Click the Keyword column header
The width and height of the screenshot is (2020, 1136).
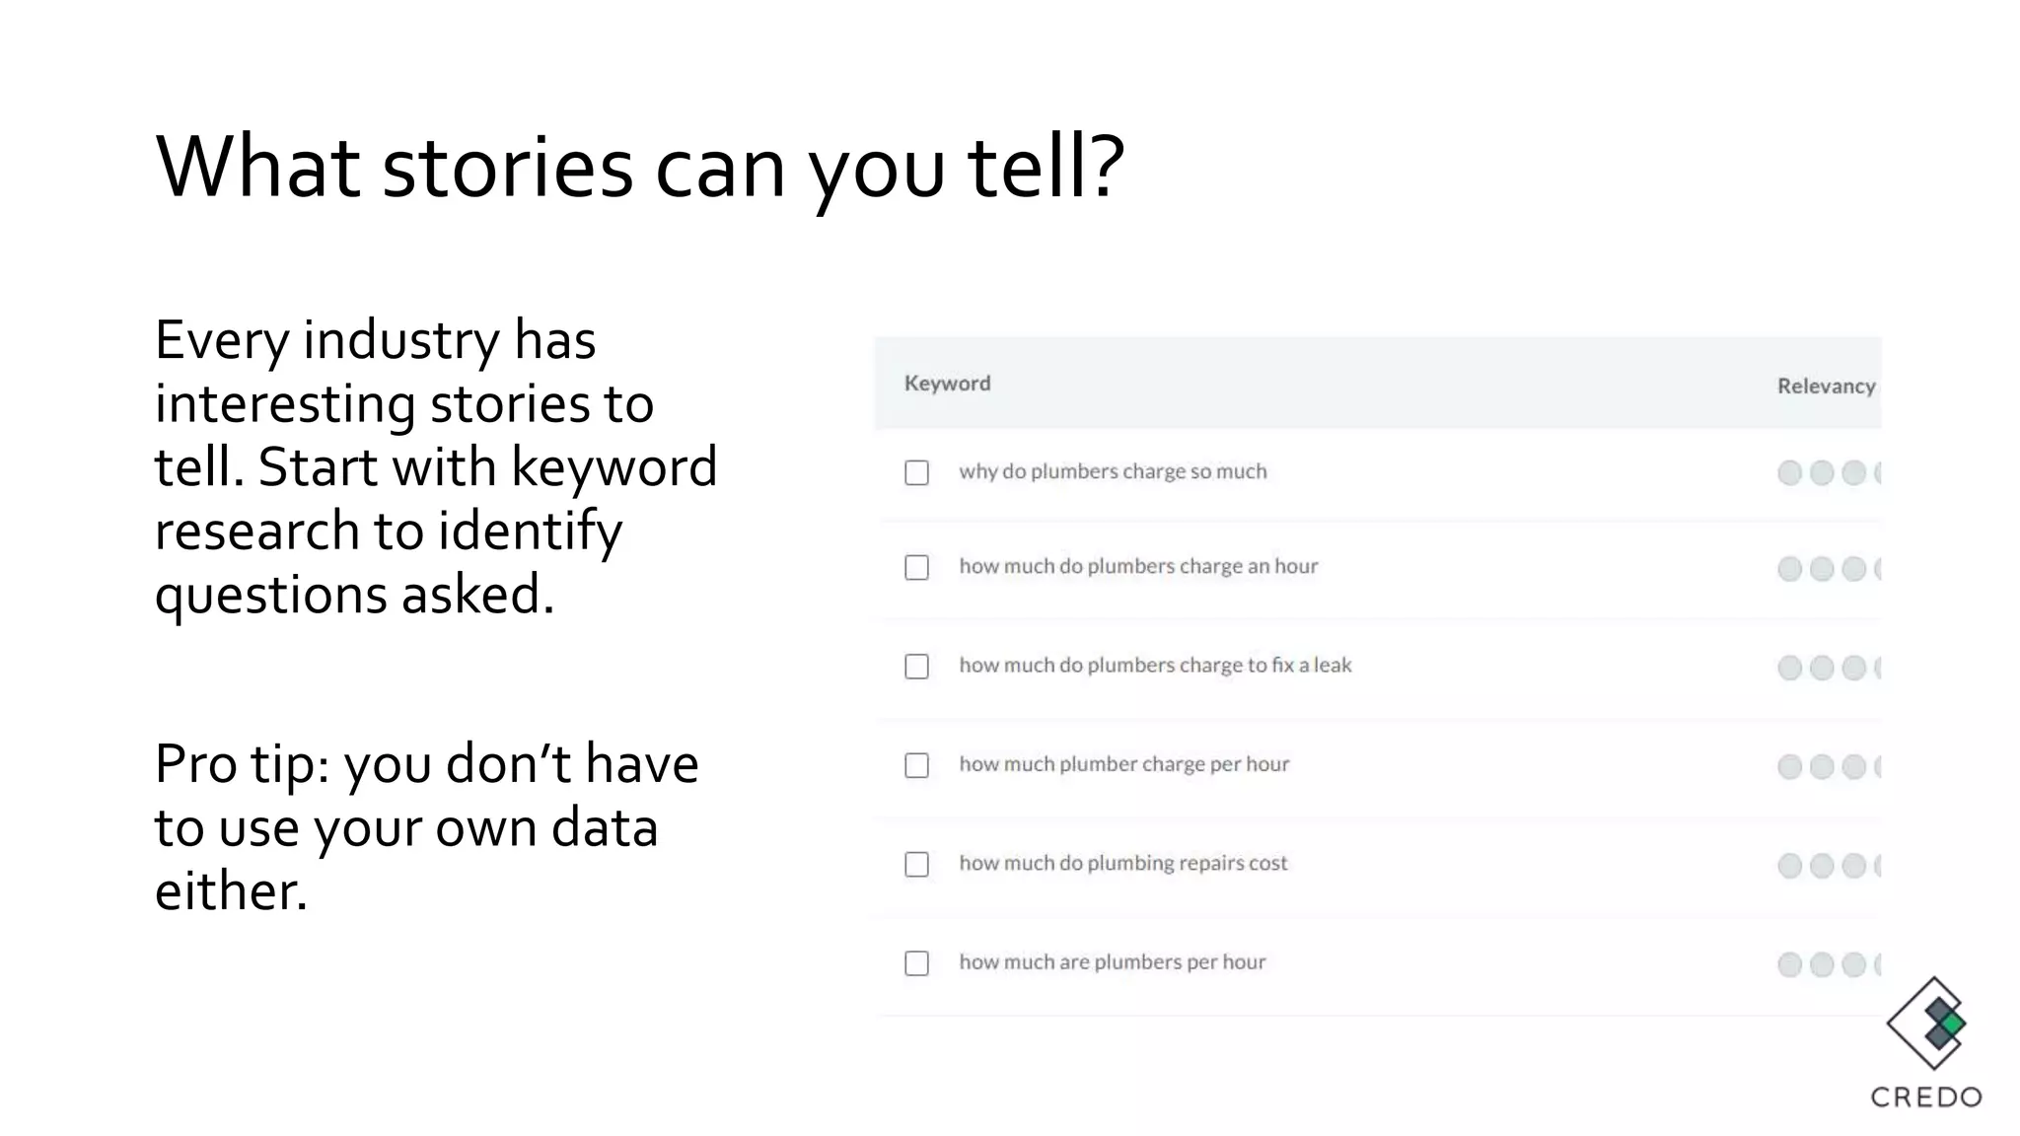coord(947,384)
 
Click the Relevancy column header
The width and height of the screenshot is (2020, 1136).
coord(1826,387)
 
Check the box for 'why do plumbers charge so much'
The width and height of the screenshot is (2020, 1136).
coord(916,473)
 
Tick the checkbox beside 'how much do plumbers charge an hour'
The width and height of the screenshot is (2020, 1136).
coord(916,568)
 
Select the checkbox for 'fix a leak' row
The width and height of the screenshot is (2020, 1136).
coord(916,667)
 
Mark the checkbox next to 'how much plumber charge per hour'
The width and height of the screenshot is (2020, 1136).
coord(916,765)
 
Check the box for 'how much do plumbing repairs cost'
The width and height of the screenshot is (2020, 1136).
coord(916,865)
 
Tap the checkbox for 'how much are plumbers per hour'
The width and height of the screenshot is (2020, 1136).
coord(916,963)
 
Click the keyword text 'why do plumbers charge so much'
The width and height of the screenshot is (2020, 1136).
coord(1113,471)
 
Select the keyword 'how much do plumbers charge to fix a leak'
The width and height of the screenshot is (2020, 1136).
coord(1155,666)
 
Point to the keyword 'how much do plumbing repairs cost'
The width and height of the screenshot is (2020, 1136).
coord(1123,863)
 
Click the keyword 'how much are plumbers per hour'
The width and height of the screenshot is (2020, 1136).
coord(1112,961)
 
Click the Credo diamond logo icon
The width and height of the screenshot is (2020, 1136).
coord(1929,1024)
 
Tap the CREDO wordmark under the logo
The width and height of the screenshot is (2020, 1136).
coord(1926,1098)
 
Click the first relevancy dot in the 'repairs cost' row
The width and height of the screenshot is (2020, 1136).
coord(1789,866)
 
